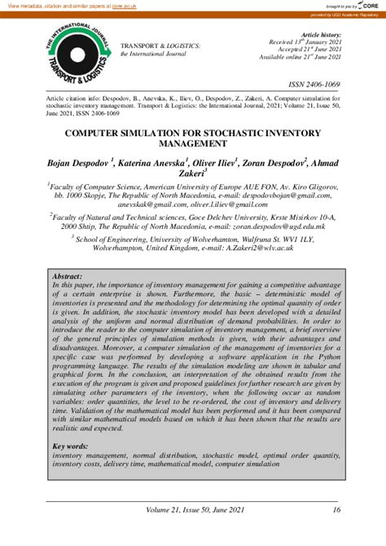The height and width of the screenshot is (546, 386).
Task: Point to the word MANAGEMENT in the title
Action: point(193,143)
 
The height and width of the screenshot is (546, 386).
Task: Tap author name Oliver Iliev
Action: point(214,165)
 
